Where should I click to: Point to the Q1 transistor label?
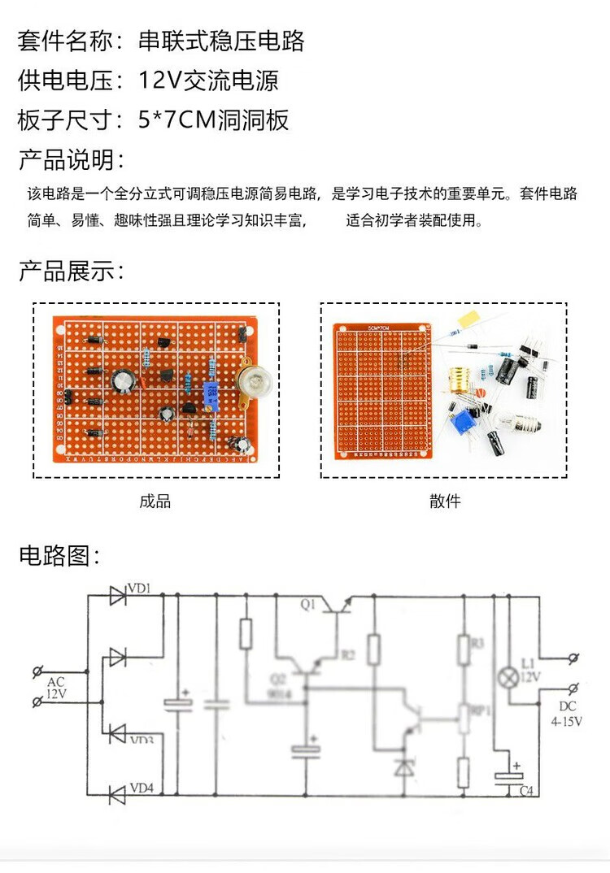(x=307, y=604)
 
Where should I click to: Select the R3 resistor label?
(x=477, y=642)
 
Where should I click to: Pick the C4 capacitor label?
(x=526, y=790)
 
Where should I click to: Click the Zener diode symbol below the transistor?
(x=404, y=765)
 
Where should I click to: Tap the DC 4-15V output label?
(x=566, y=713)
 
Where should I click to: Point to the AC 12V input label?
(x=56, y=688)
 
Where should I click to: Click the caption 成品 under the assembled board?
(x=155, y=502)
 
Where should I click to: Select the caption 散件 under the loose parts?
(x=445, y=502)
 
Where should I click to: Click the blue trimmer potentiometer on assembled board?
(x=212, y=396)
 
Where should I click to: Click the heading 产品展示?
(x=72, y=271)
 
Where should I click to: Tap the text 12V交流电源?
(x=208, y=80)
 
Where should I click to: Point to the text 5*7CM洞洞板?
(x=213, y=120)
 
